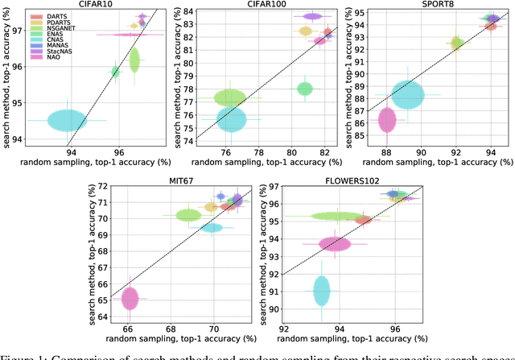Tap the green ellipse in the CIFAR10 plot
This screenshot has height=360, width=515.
[134, 60]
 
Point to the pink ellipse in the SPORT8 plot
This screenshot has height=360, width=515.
[387, 121]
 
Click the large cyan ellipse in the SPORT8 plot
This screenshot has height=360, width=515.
[409, 95]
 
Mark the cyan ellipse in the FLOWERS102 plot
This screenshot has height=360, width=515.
[322, 290]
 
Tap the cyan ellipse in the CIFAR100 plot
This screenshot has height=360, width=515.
[232, 119]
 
